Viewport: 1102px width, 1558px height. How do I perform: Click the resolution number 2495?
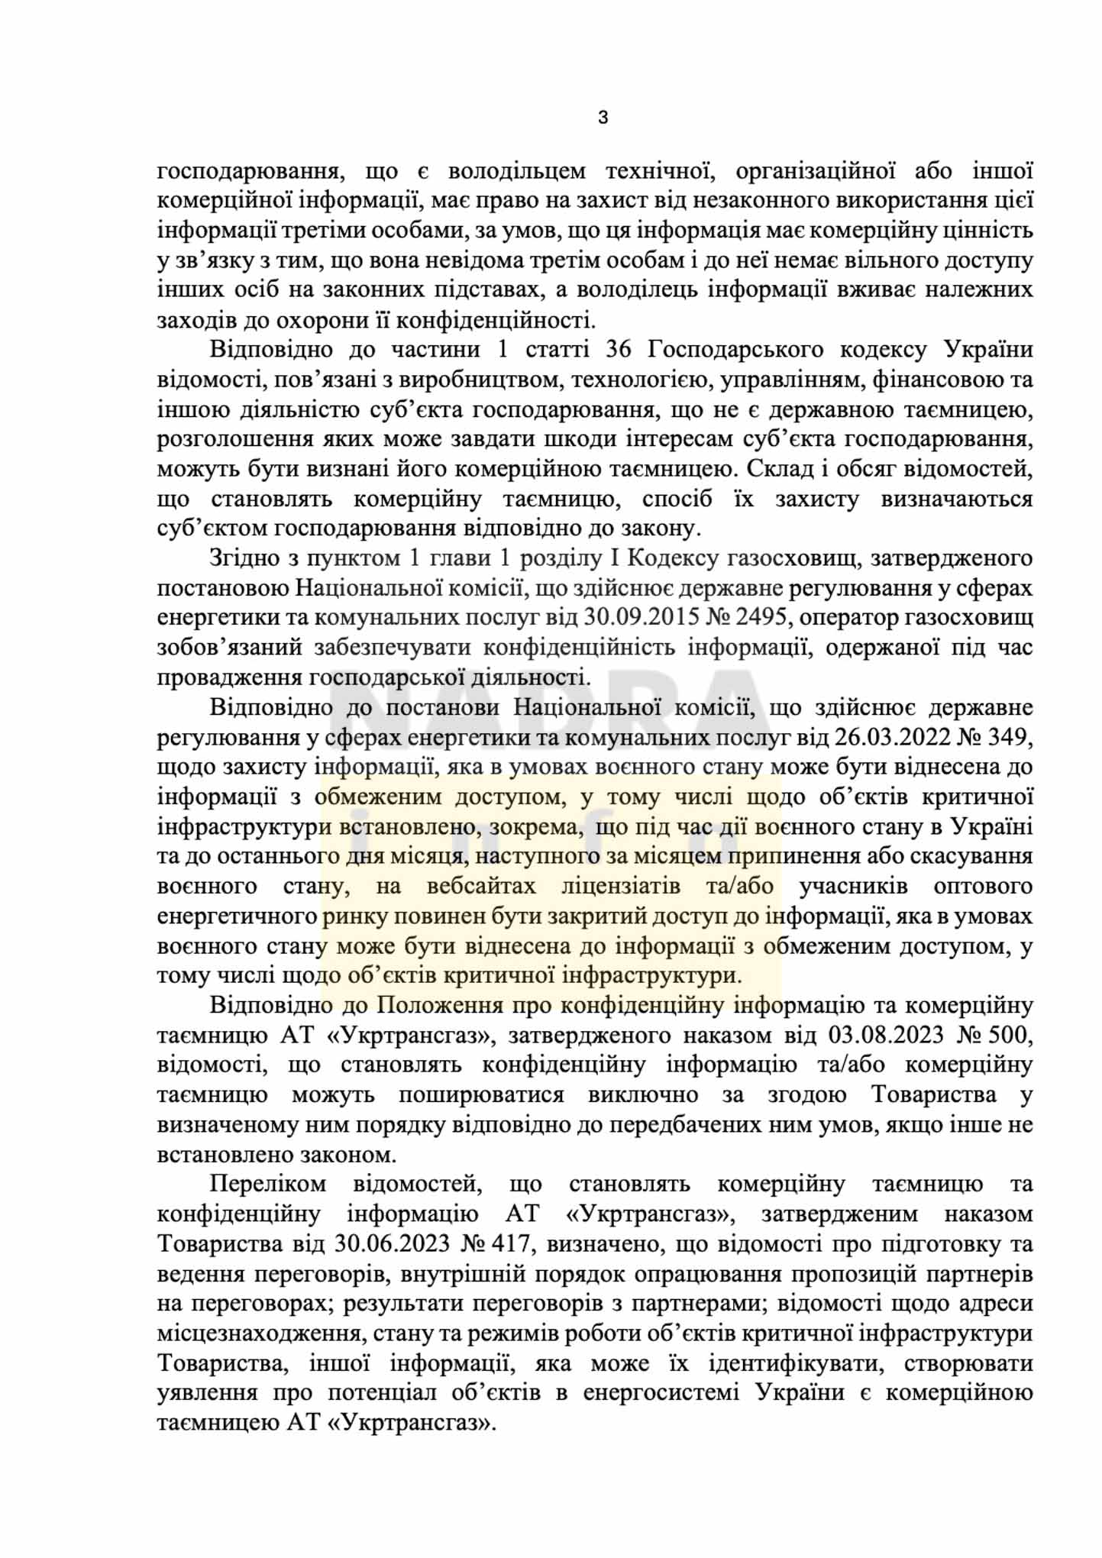pyautogui.click(x=764, y=617)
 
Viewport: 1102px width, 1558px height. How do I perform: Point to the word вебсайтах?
pyautogui.click(x=481, y=887)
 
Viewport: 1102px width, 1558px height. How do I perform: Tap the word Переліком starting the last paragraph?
pyautogui.click(x=268, y=1185)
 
